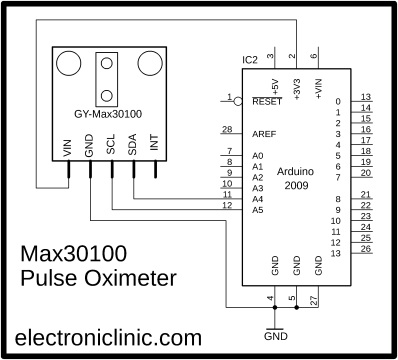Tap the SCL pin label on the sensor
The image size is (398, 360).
point(110,147)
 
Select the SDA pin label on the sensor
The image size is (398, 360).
point(132,147)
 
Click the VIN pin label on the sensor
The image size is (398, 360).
point(67,148)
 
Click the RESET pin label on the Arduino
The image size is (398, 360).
point(265,101)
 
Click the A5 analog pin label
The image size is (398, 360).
point(257,209)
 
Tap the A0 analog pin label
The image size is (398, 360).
point(257,156)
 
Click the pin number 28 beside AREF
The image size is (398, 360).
point(228,129)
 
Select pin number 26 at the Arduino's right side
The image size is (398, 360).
point(366,249)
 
